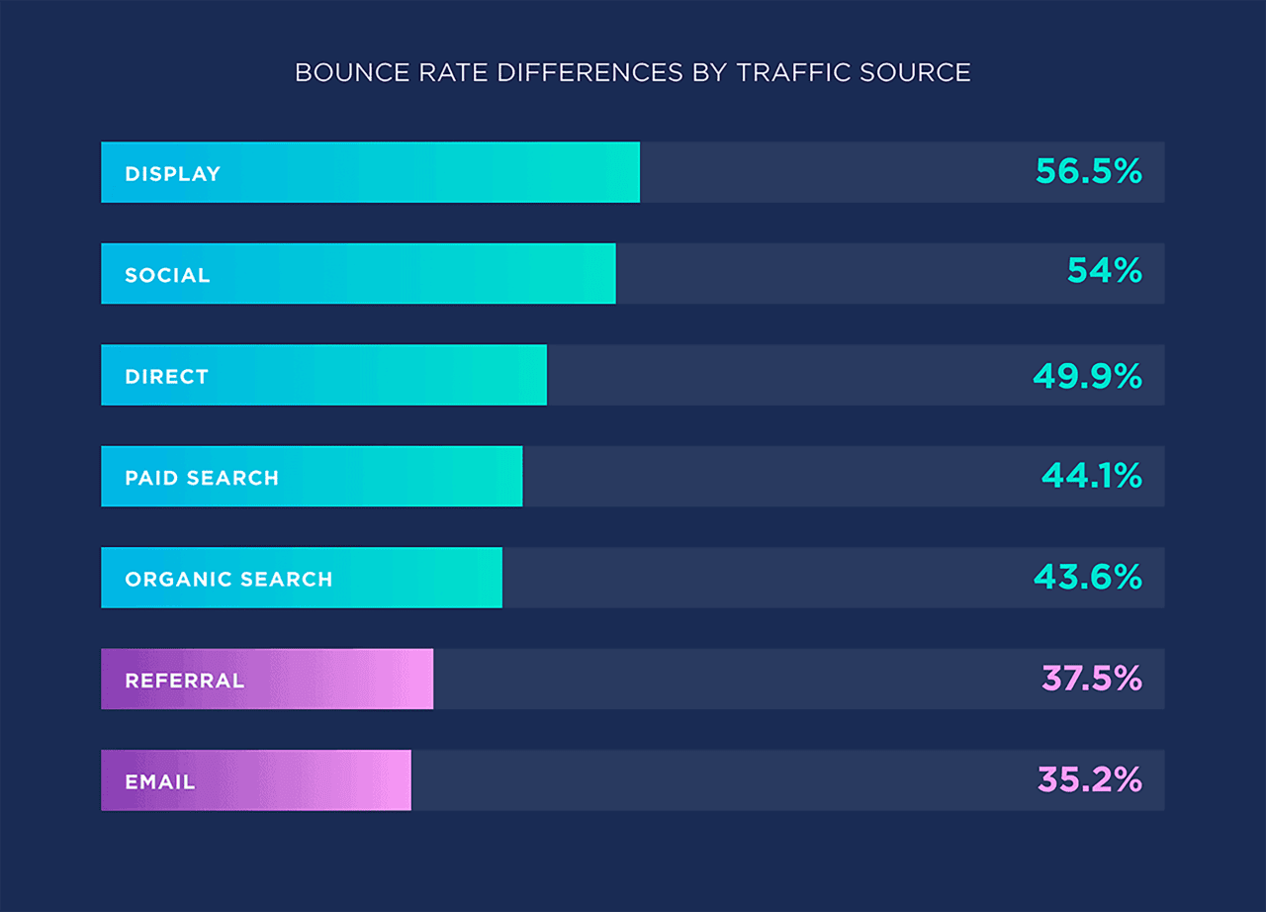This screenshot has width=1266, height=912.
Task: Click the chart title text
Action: tap(633, 73)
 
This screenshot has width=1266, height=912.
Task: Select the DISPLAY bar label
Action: tap(173, 174)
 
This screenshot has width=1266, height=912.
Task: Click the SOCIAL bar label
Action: tap(168, 276)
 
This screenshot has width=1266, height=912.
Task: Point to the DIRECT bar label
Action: tap(167, 377)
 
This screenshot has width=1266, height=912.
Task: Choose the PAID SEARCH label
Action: tap(202, 479)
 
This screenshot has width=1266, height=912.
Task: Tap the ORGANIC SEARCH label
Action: tap(228, 580)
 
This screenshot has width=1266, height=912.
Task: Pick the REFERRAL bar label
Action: tap(185, 682)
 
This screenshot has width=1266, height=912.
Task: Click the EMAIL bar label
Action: tap(160, 782)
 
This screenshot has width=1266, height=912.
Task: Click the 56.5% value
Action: tap(1089, 172)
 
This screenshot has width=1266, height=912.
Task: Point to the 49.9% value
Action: tap(1088, 376)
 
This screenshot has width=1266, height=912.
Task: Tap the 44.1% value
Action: tap(1092, 477)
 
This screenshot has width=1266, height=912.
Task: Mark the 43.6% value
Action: tap(1088, 578)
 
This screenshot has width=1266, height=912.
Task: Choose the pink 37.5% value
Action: tap(1092, 679)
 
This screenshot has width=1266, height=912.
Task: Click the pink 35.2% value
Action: tap(1090, 780)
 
